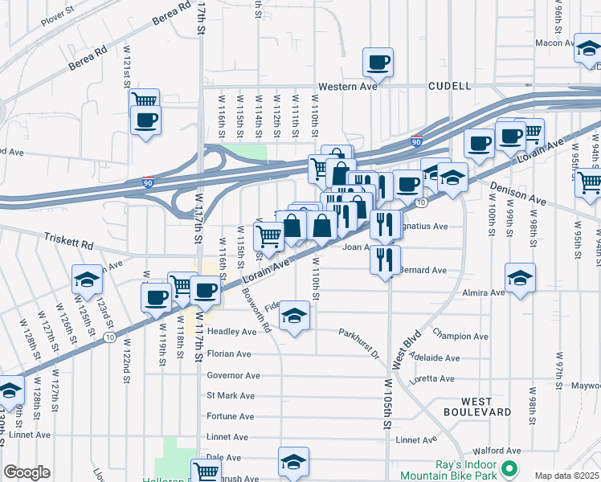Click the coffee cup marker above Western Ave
(x=378, y=62)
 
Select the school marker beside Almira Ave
(x=520, y=278)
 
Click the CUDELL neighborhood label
(x=449, y=85)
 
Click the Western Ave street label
(x=347, y=86)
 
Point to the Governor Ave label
(x=233, y=375)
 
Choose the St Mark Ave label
(x=231, y=396)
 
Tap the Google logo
(x=27, y=472)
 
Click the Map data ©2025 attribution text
(x=566, y=476)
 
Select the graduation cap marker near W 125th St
(x=87, y=279)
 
